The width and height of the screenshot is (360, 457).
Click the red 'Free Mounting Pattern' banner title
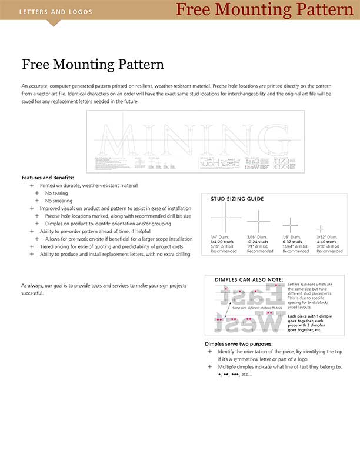click(x=264, y=9)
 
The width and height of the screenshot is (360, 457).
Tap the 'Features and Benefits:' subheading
click(x=47, y=178)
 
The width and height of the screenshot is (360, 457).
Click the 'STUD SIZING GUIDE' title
click(x=237, y=199)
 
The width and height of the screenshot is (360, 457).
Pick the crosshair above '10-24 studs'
click(x=258, y=221)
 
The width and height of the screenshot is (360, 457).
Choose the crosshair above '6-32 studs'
click(x=291, y=224)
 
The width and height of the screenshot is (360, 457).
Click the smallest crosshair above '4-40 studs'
click(x=321, y=228)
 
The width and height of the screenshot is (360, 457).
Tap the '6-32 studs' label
click(x=294, y=242)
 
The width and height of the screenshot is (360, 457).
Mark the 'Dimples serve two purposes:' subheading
click(x=238, y=343)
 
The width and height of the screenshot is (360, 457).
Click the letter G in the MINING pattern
click(x=262, y=139)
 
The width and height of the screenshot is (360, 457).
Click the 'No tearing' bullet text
click(x=56, y=193)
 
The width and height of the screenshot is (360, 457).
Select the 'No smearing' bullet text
click(x=58, y=201)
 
